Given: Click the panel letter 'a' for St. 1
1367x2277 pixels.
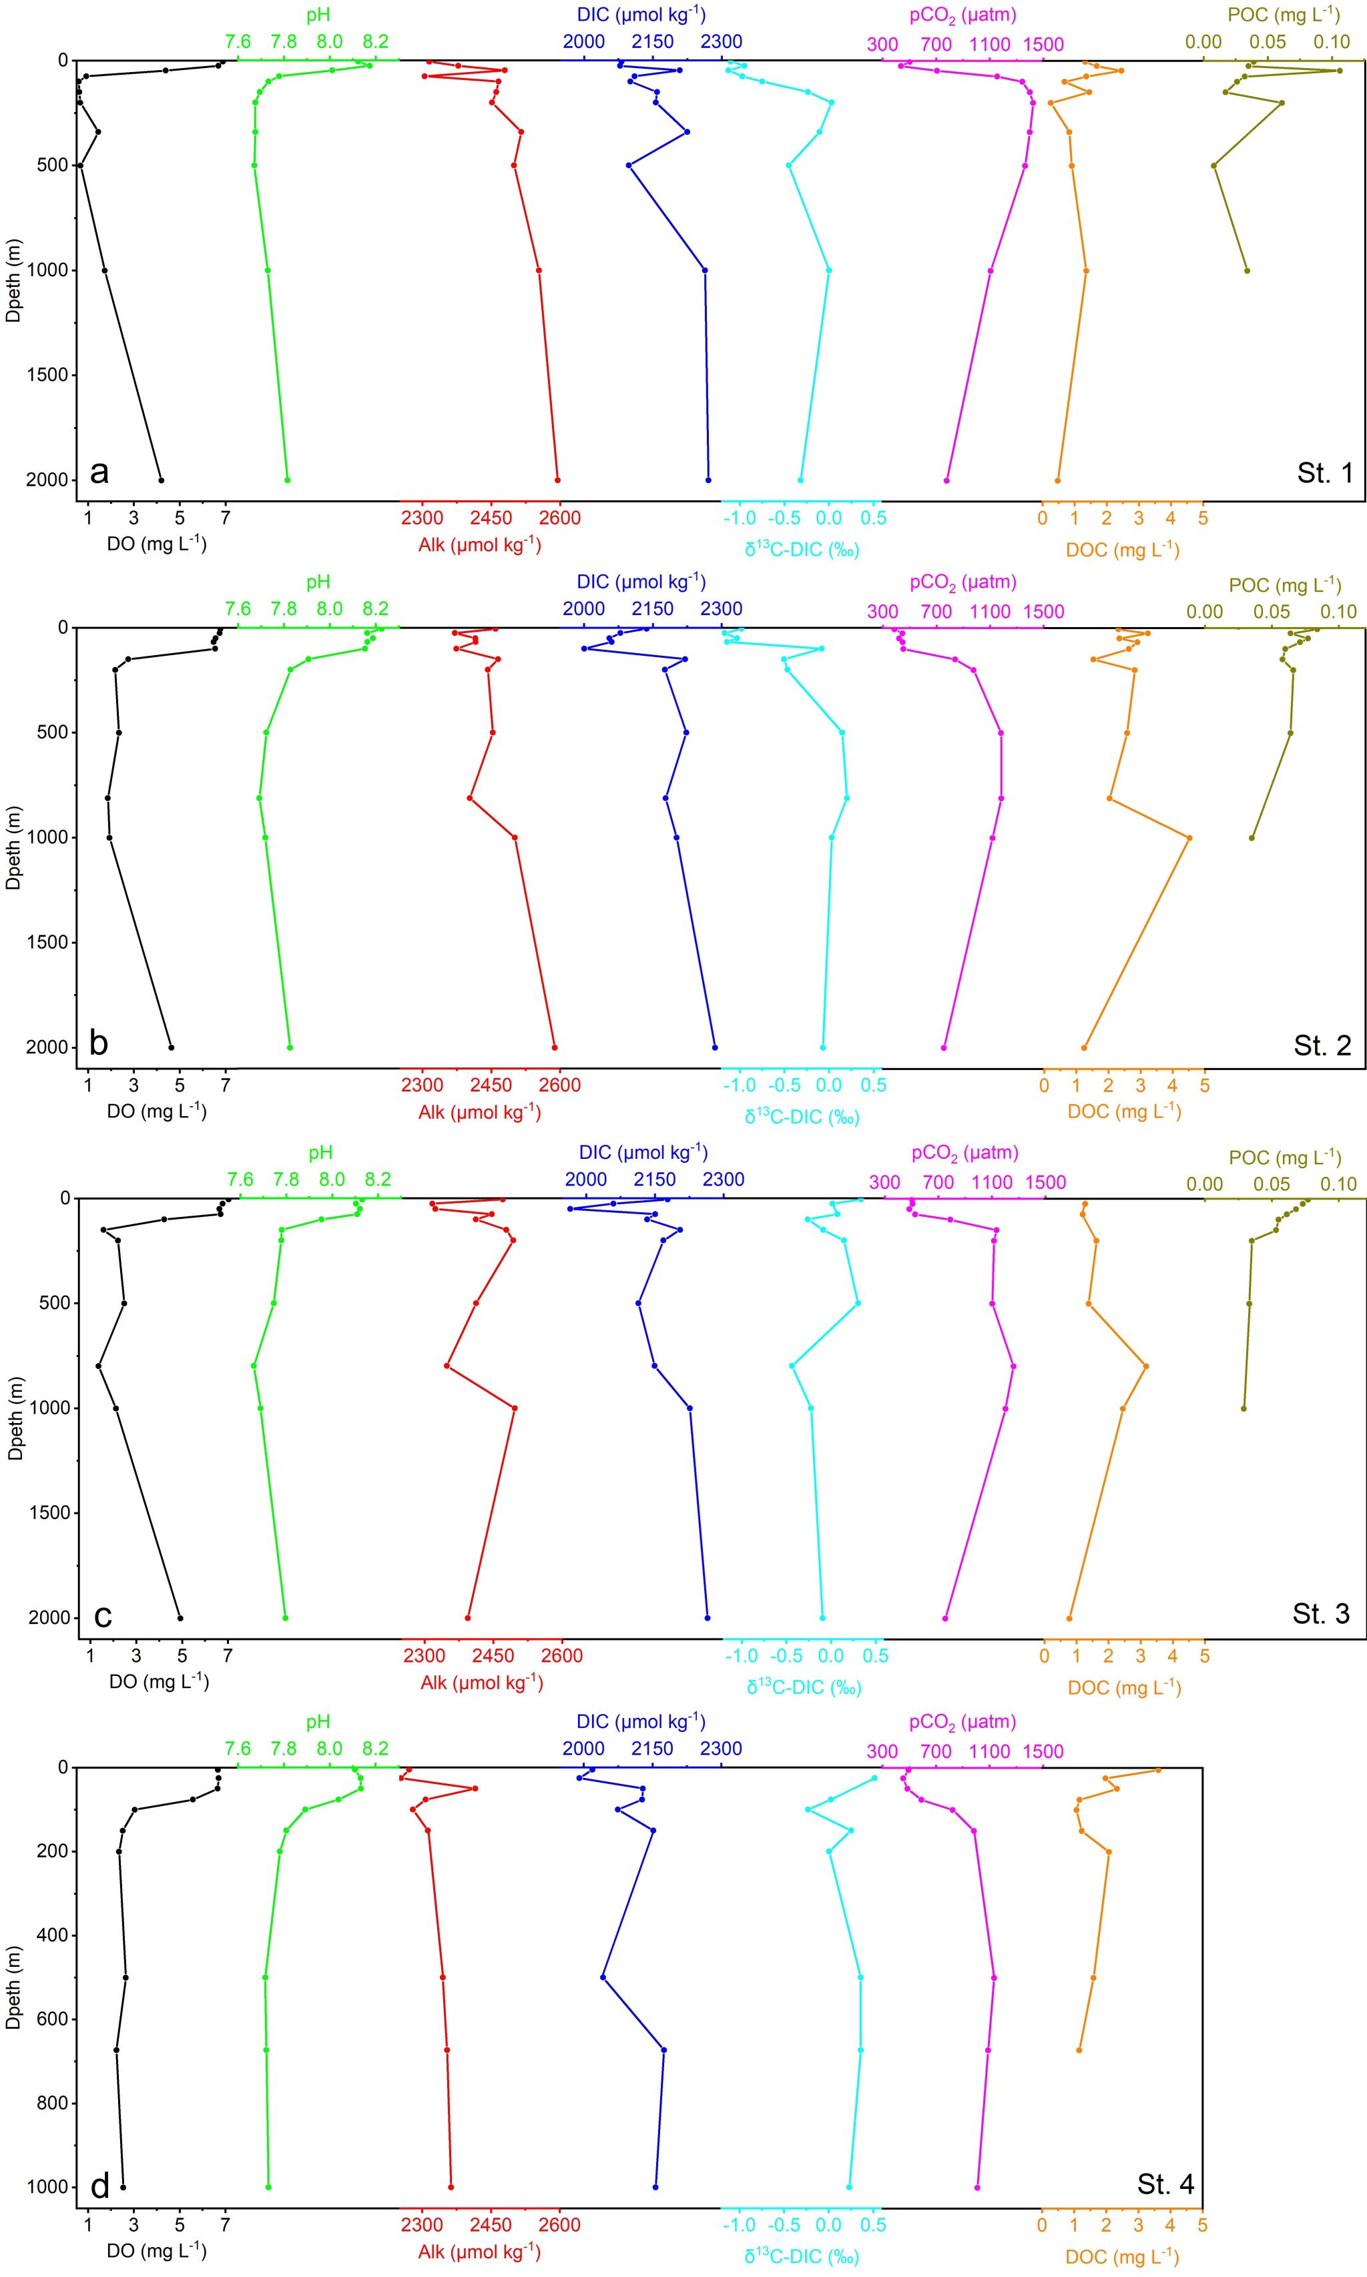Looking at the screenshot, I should tap(99, 473).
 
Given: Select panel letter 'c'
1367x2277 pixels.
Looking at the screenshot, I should tap(103, 1614).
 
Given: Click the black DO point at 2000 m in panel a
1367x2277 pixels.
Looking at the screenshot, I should tap(162, 480).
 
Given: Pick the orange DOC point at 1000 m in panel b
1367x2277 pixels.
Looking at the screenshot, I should tap(1189, 838).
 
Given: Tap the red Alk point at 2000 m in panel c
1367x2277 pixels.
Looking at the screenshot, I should tap(468, 1618).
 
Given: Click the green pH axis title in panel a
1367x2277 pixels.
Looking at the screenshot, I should tap(318, 15).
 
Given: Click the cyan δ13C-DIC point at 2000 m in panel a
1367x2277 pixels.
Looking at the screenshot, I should tap(800, 480).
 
